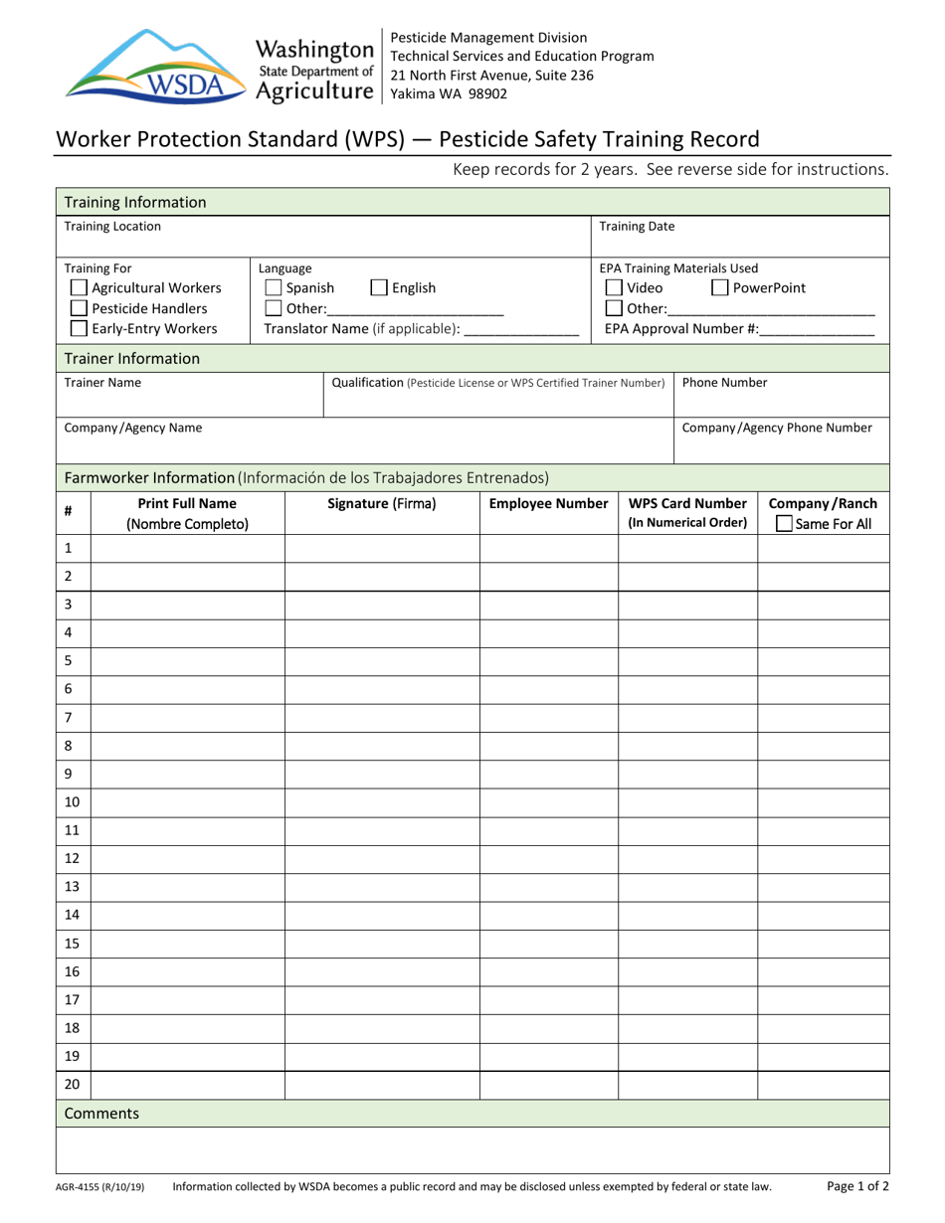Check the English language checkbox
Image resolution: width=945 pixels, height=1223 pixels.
(x=378, y=289)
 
